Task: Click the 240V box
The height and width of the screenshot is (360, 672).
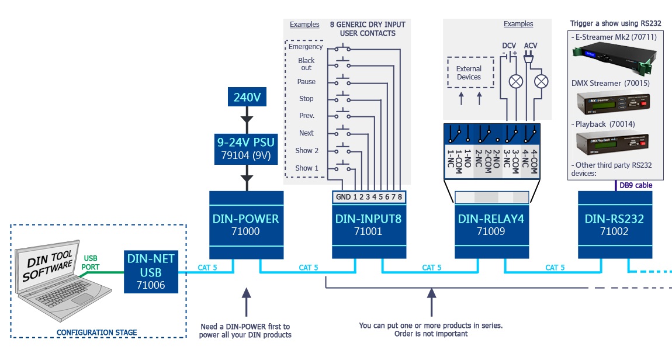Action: [x=247, y=97]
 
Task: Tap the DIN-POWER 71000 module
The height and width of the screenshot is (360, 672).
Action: [x=246, y=225]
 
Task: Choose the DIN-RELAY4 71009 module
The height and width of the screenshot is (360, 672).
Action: [x=491, y=225]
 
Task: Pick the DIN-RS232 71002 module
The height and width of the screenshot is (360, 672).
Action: [x=614, y=225]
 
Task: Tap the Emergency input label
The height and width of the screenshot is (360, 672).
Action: [x=306, y=47]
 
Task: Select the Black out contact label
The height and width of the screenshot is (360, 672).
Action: [x=306, y=64]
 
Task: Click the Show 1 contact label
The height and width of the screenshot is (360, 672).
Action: [x=307, y=168]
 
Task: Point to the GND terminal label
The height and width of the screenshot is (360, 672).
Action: [x=343, y=197]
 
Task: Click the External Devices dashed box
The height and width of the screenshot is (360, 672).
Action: [x=469, y=73]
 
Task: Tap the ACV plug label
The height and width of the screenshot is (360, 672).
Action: [x=531, y=45]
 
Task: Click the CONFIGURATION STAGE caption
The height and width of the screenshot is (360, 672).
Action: [x=97, y=333]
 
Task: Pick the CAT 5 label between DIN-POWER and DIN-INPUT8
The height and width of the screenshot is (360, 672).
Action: [x=309, y=268]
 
